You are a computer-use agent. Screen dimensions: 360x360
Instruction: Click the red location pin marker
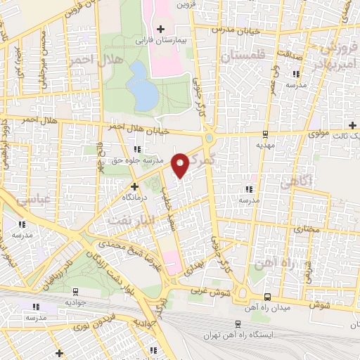pos(179,165)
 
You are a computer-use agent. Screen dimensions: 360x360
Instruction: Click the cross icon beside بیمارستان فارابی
pos(161,29)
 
